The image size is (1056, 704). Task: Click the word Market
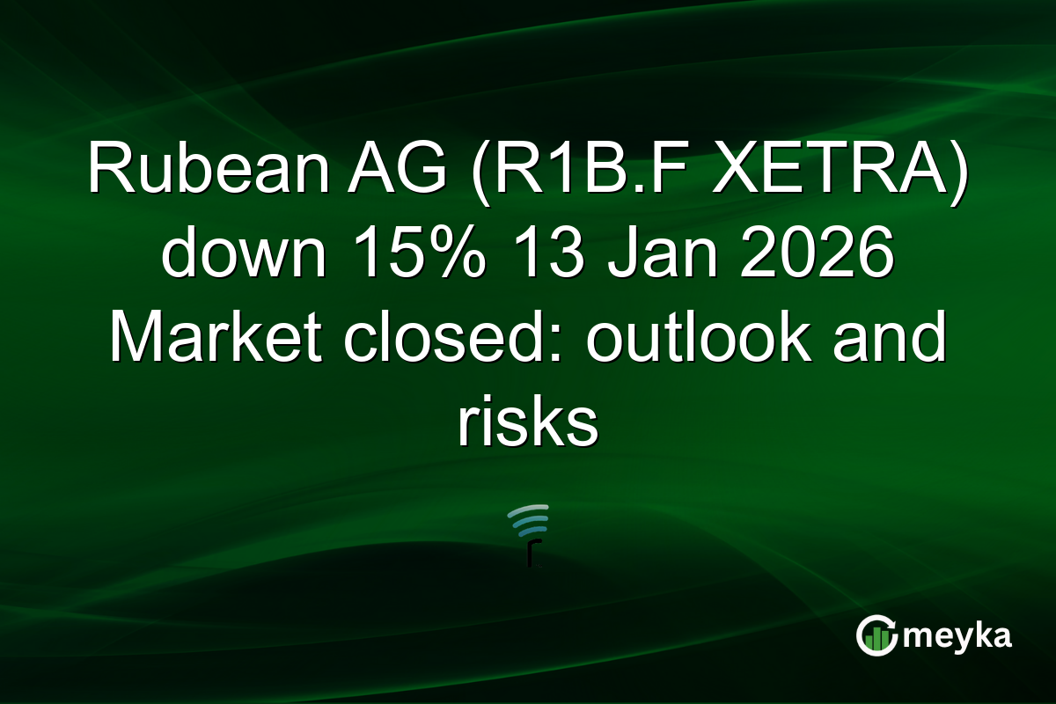point(219,339)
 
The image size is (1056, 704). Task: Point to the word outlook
point(699,339)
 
